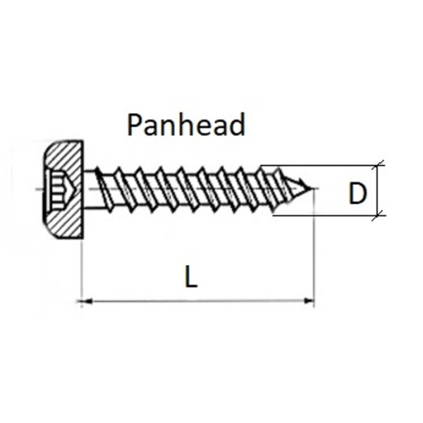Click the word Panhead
click(186, 125)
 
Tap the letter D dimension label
click(357, 193)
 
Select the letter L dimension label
click(191, 276)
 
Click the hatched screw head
click(65, 190)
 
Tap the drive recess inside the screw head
click(61, 190)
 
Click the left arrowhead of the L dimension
click(85, 301)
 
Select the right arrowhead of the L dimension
click(309, 300)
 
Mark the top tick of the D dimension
click(378, 165)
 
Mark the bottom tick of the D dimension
click(378, 216)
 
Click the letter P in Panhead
click(135, 125)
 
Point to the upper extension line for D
click(322, 165)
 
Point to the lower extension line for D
click(329, 215)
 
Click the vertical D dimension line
click(378, 190)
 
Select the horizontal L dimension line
click(197, 301)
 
